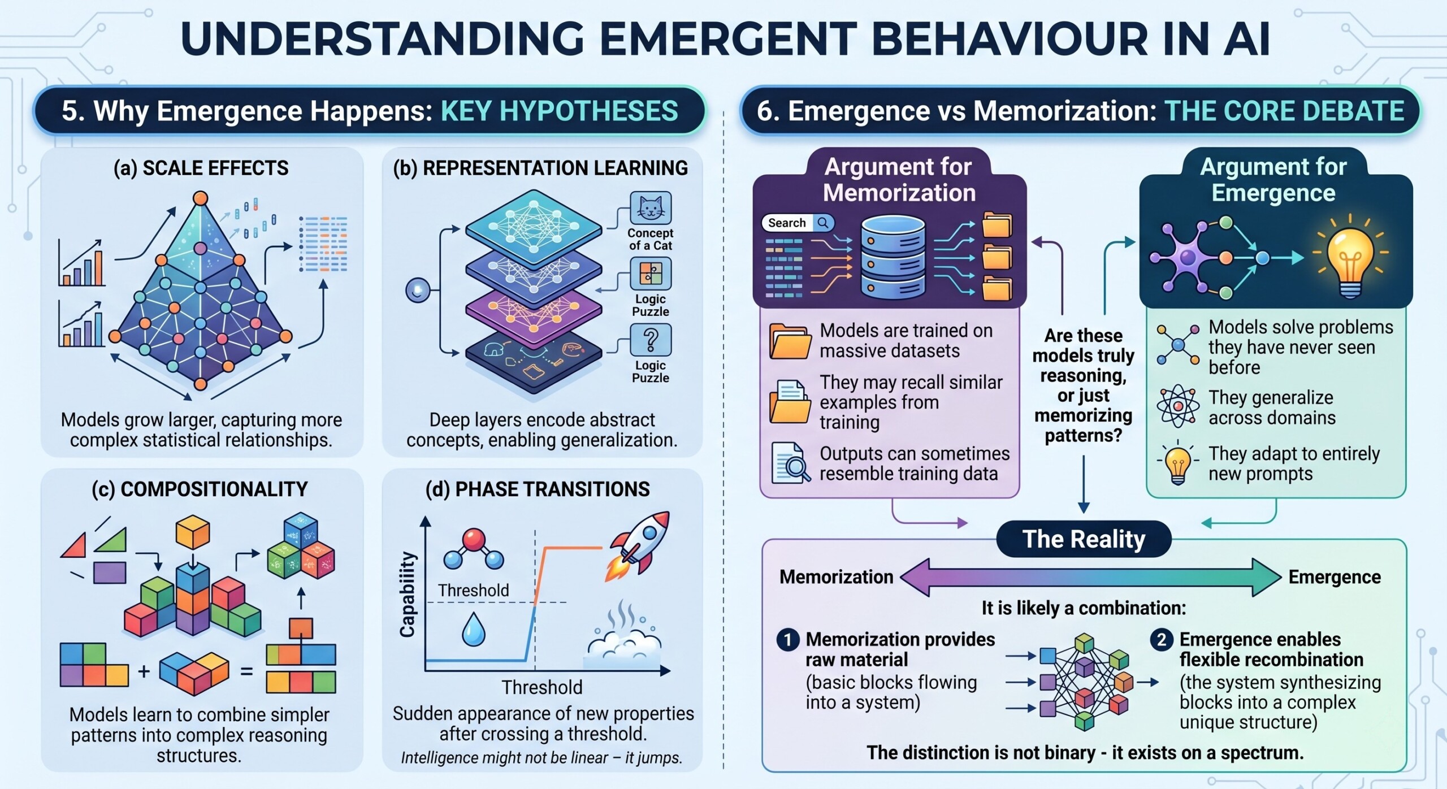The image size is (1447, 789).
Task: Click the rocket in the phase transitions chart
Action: coord(638,545)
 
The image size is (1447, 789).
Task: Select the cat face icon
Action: coord(651,208)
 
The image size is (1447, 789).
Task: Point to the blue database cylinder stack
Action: coord(893,258)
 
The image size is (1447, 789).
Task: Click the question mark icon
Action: coord(651,340)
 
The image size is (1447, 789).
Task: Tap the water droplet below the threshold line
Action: coord(473,630)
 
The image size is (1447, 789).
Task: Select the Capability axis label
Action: coord(408,594)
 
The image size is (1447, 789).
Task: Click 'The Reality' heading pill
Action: coord(1084,539)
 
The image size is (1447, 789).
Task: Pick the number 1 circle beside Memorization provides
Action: coord(788,640)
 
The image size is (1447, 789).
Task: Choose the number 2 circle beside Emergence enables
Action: coord(1162,640)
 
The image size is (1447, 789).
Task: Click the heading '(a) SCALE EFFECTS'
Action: coord(201,168)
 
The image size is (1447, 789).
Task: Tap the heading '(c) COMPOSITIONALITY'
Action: coord(200,489)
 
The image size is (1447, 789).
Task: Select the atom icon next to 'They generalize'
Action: coord(1178,406)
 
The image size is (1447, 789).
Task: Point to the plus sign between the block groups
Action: coord(144,671)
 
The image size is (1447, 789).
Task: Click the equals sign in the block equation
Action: coord(247,671)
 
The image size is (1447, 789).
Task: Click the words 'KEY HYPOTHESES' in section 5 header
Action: coord(560,111)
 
